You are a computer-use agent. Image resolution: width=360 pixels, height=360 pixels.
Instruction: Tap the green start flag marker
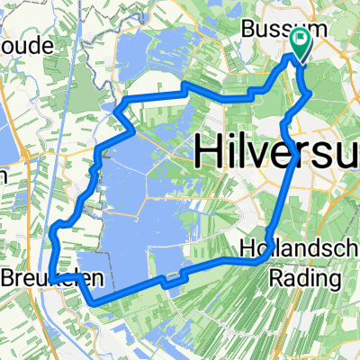click(x=300, y=41)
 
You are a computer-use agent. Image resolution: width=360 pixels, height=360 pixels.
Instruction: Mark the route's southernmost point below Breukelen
click(x=94, y=304)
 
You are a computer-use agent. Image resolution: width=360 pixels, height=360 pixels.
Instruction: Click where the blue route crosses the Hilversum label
click(x=291, y=151)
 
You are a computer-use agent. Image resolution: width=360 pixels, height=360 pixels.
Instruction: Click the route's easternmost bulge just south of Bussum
click(x=310, y=93)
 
